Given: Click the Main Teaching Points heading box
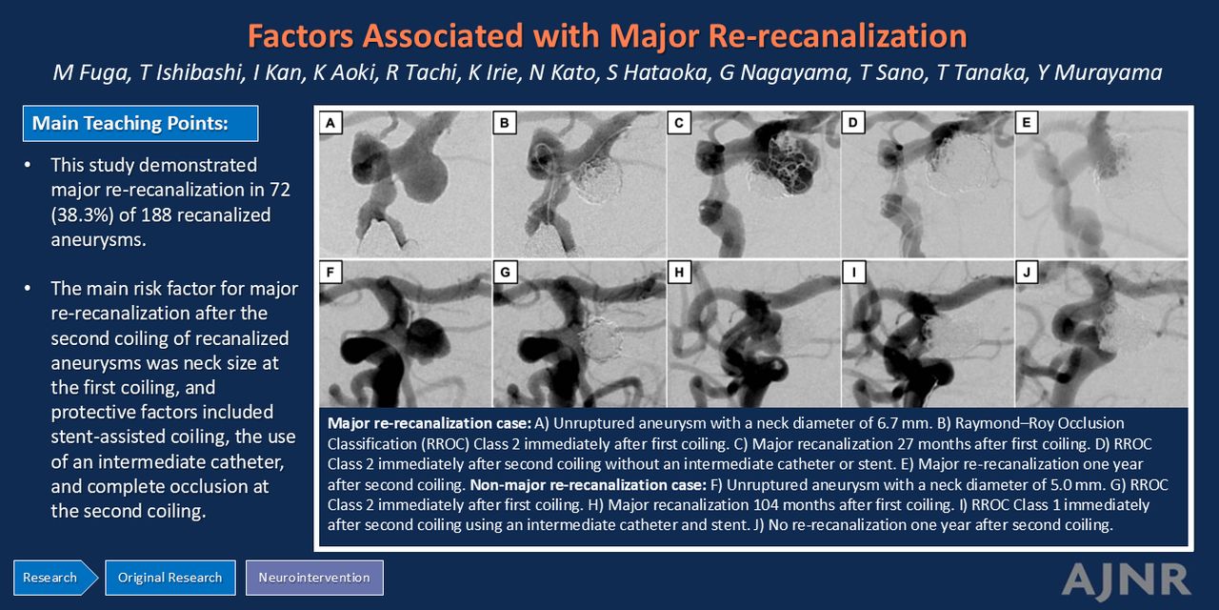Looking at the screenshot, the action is coord(140,124).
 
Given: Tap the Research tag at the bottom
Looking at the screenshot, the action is coord(55,578).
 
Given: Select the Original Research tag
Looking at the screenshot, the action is coord(170,578).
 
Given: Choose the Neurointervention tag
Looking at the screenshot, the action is coord(314,578).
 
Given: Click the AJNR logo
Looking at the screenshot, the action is coord(1127,580).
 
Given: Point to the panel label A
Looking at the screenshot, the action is coord(330,123).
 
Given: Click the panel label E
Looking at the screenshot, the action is coord(1027,123).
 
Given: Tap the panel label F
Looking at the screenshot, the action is coord(330,272).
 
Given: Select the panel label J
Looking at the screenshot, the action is coord(1027,272).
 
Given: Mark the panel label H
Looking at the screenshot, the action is coord(679,272).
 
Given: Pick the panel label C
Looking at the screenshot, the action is coord(679,123).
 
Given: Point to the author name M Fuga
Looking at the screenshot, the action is coord(92,73).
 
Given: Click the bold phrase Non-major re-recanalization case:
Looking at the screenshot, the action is coord(588,485).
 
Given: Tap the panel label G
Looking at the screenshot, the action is coord(505,272).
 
